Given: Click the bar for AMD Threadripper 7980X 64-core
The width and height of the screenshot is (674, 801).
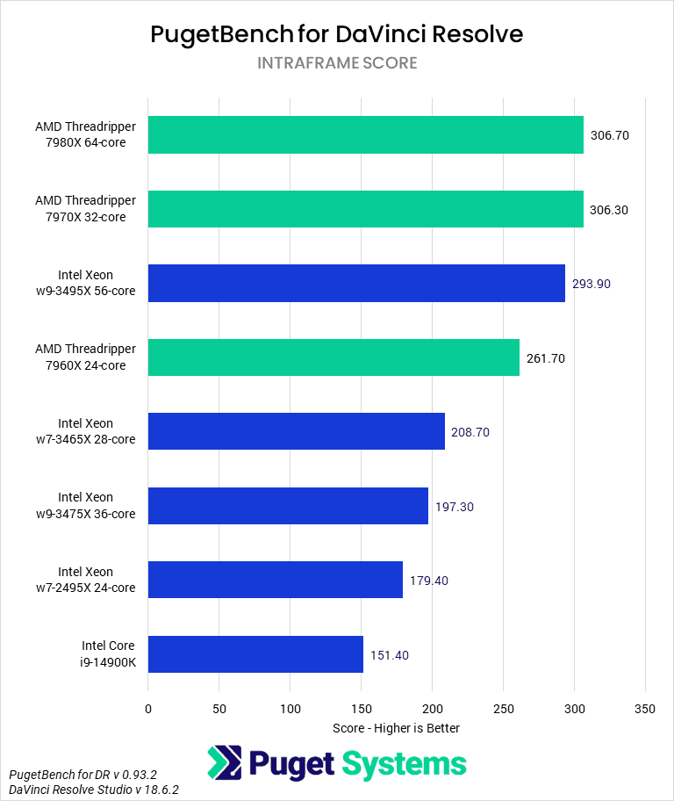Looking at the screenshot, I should (x=365, y=135).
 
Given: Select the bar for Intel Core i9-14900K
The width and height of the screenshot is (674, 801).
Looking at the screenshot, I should (x=255, y=654).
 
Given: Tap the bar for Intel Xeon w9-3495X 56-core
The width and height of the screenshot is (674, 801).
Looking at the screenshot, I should (x=356, y=284).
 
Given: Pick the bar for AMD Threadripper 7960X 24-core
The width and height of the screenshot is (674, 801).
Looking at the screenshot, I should (x=333, y=357).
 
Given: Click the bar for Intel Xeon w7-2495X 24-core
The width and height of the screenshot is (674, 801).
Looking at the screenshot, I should (x=276, y=581).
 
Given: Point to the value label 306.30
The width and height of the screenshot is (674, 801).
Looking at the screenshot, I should (x=610, y=210).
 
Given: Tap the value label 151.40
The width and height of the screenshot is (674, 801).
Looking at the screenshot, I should (x=390, y=655).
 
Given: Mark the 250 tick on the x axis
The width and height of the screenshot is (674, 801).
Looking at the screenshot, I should (x=503, y=709).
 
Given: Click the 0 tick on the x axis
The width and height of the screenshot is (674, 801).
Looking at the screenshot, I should (x=148, y=709).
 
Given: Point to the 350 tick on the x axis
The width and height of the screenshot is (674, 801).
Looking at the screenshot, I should (x=645, y=709).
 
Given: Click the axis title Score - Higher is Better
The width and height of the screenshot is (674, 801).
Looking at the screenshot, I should (x=397, y=728).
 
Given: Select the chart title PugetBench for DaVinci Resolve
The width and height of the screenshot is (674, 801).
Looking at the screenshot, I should (x=337, y=34).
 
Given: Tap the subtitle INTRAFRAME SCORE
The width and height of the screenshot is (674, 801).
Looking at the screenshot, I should (x=337, y=63).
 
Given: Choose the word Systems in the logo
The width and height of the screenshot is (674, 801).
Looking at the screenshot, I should (x=405, y=764).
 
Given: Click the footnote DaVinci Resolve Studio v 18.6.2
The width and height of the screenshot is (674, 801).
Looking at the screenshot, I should (x=94, y=790).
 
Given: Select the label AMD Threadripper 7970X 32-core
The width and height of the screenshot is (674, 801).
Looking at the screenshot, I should (x=86, y=210).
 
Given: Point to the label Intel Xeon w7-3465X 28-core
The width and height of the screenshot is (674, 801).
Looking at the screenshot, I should (x=97, y=432).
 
